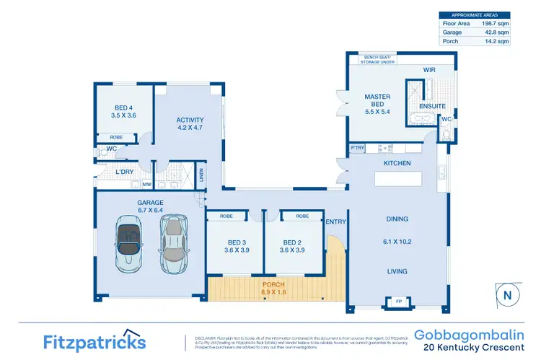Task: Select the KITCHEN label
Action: click(x=397, y=164)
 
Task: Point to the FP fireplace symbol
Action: click(x=397, y=301)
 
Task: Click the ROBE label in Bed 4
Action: click(x=115, y=137)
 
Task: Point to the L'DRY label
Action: click(x=124, y=172)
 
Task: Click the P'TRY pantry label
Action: click(x=356, y=148)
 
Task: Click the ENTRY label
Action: click(x=335, y=221)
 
